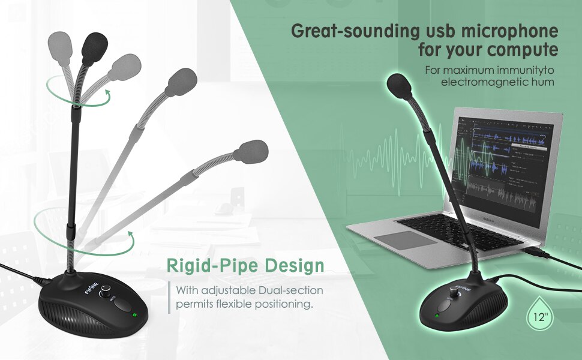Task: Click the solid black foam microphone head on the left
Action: click(x=93, y=47)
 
